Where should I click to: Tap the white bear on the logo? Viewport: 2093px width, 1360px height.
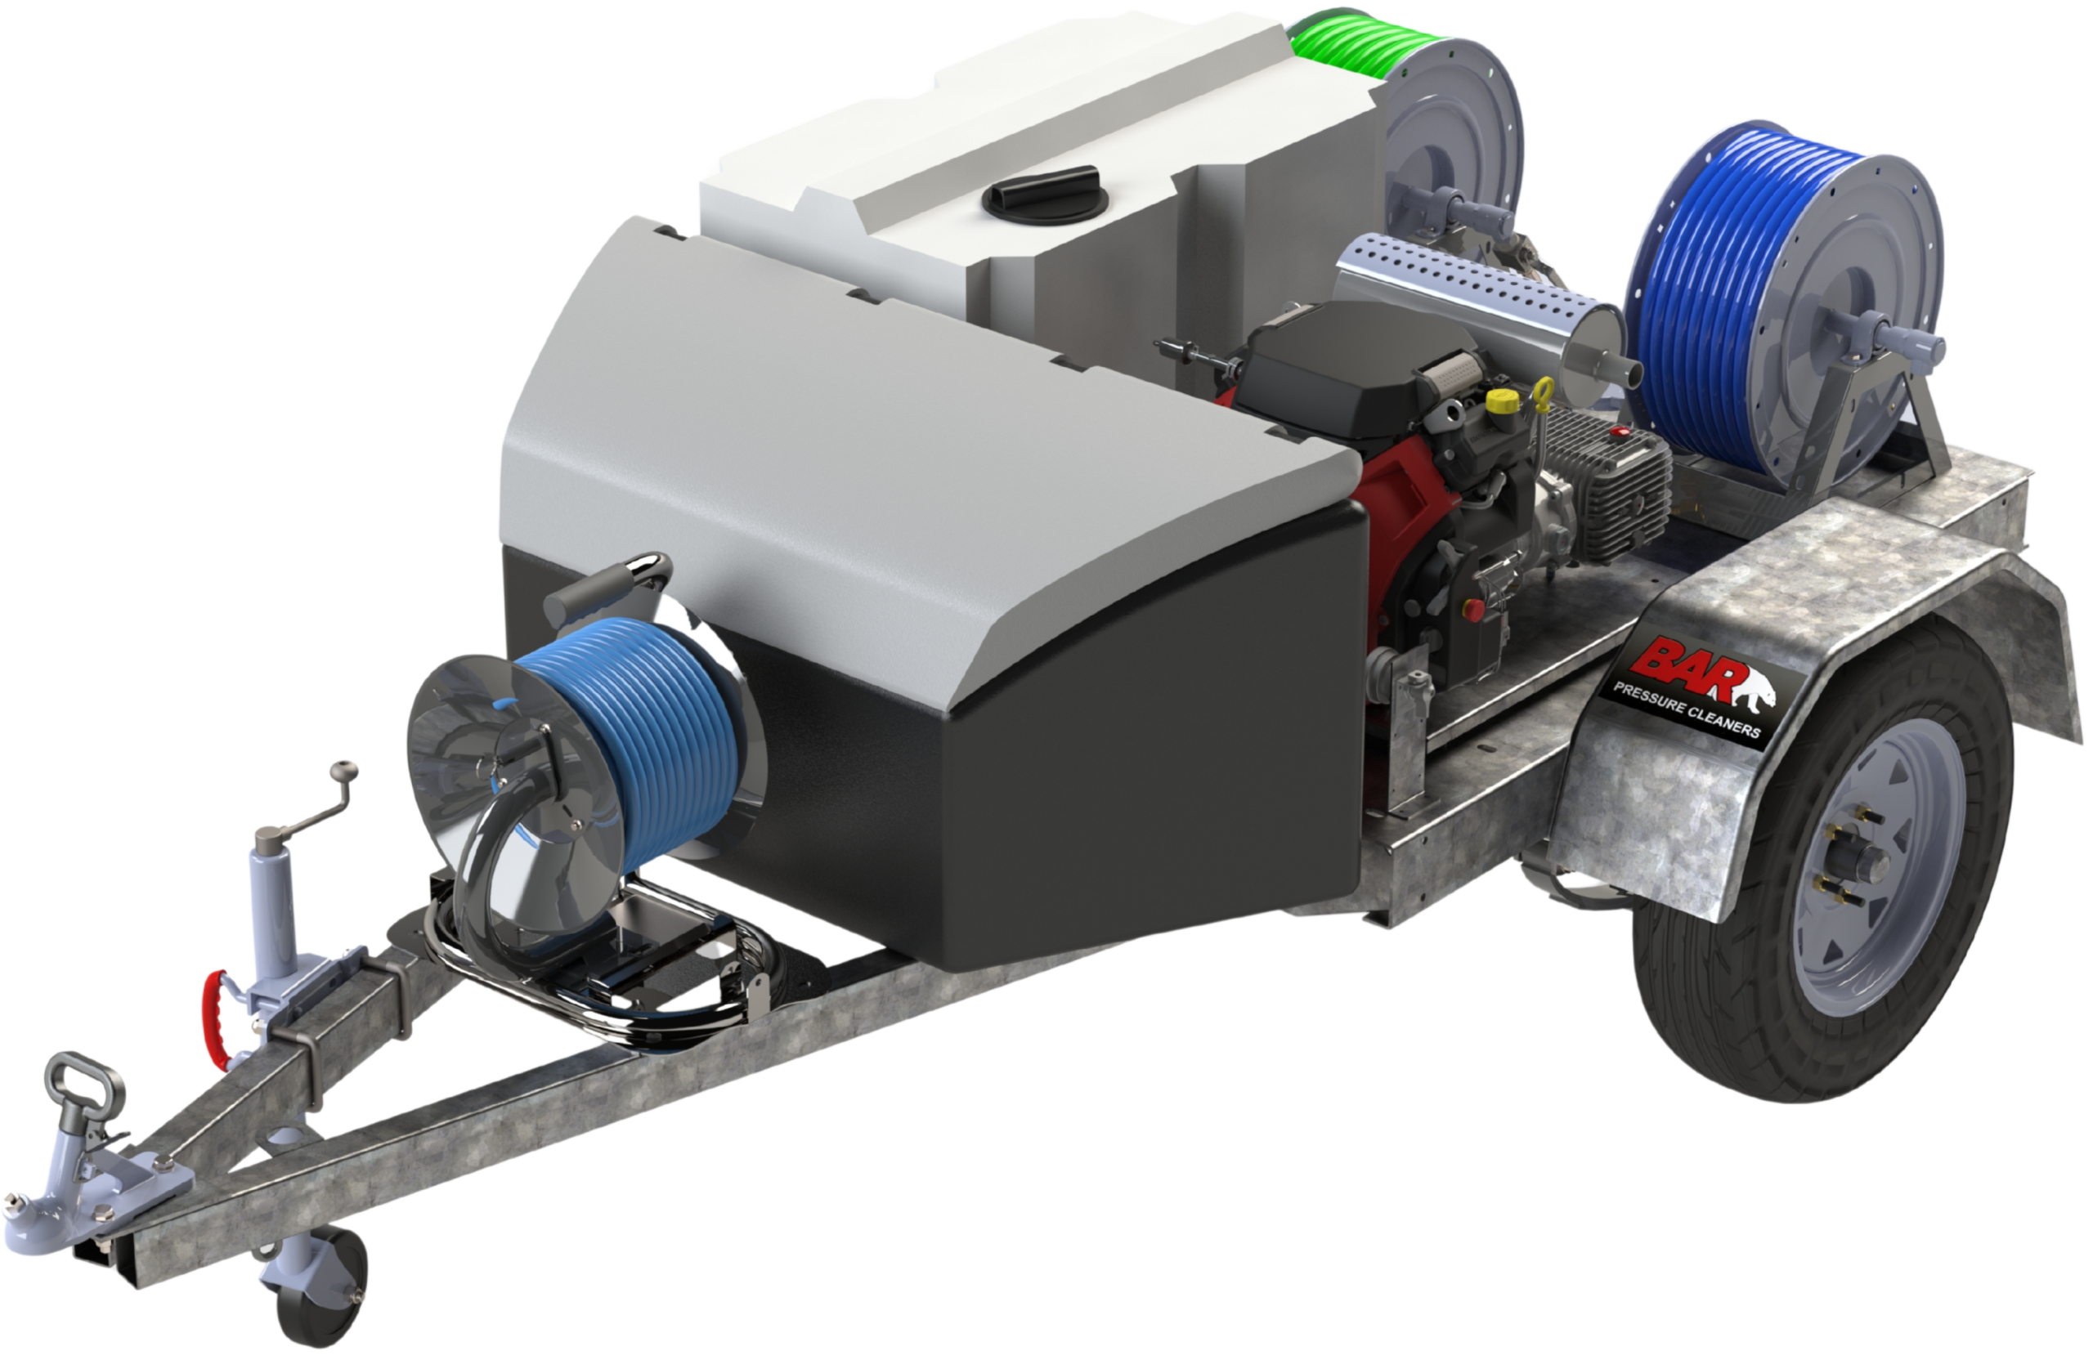coord(1750,686)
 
